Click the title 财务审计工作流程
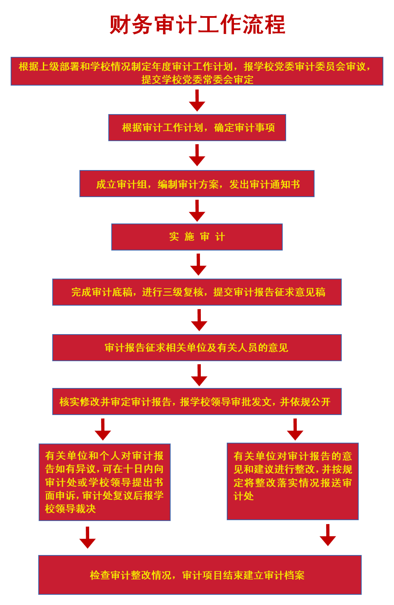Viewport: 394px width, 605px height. point(197,25)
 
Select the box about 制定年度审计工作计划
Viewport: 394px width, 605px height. point(197,71)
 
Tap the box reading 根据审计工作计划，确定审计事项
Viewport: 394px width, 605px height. point(197,128)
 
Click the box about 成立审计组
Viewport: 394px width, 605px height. point(197,184)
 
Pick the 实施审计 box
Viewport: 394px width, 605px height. point(197,237)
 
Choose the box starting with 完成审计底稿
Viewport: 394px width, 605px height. point(197,292)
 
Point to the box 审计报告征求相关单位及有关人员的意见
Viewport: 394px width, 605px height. point(197,348)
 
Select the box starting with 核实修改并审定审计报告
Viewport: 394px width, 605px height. point(197,401)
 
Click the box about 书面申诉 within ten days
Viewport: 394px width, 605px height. point(104,482)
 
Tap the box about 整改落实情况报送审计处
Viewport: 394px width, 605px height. point(293,481)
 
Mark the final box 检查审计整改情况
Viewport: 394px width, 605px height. point(200,575)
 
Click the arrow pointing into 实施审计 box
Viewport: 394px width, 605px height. point(197,211)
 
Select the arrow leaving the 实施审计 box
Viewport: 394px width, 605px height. point(198,265)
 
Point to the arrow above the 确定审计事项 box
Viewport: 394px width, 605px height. point(197,101)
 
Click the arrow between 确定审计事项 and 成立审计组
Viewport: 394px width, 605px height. point(197,156)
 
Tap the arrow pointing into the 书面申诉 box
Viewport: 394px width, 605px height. point(103,430)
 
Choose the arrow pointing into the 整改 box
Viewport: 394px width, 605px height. point(295,430)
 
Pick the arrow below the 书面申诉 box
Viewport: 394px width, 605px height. point(87,538)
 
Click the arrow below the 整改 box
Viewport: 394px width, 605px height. point(328,535)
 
